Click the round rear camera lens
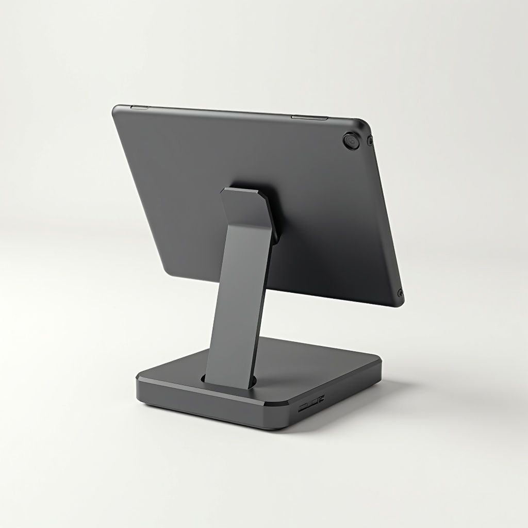point(351,141)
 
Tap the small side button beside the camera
point(370,140)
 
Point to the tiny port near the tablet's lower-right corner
point(400,293)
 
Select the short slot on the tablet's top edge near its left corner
point(139,107)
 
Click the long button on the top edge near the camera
point(309,118)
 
